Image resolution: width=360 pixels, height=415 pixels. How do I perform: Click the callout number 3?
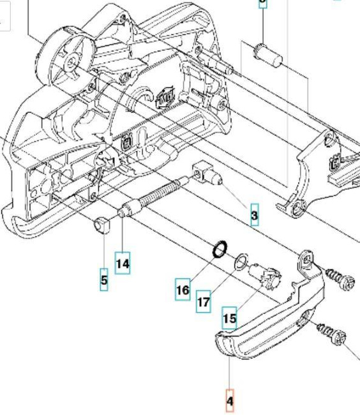pyautogui.click(x=255, y=215)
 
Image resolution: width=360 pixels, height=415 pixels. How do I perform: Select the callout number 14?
pyautogui.click(x=123, y=262)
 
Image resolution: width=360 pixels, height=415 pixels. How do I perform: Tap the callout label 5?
pyautogui.click(x=103, y=279)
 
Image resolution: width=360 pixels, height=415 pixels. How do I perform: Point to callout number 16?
pyautogui.click(x=183, y=289)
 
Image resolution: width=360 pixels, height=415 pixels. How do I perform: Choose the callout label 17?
pyautogui.click(x=203, y=302)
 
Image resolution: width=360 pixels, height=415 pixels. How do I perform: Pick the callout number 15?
pyautogui.click(x=229, y=317)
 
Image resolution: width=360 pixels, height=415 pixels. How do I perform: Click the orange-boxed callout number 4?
pyautogui.click(x=230, y=401)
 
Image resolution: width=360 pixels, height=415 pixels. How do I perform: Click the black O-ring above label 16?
pyautogui.click(x=219, y=248)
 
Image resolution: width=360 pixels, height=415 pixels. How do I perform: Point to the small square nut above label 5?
pyautogui.click(x=100, y=226)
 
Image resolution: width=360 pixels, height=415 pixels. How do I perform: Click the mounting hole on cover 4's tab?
pyautogui.click(x=308, y=258)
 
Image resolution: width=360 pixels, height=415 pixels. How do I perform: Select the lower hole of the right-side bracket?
pyautogui.click(x=299, y=206)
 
